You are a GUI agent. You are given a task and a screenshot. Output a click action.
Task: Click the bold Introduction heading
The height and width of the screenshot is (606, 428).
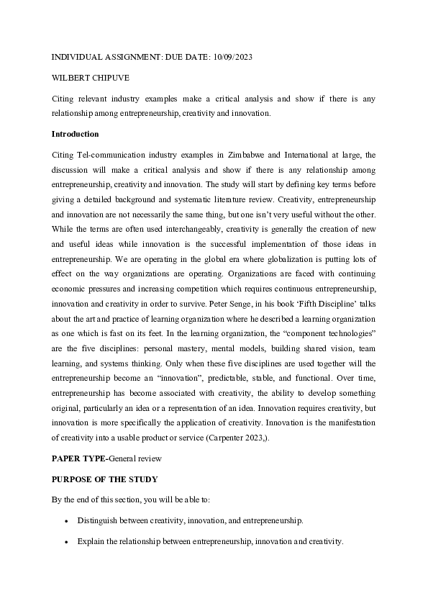pos(76,134)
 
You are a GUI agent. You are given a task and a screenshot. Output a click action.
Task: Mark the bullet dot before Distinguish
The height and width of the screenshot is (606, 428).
pos(66,520)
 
